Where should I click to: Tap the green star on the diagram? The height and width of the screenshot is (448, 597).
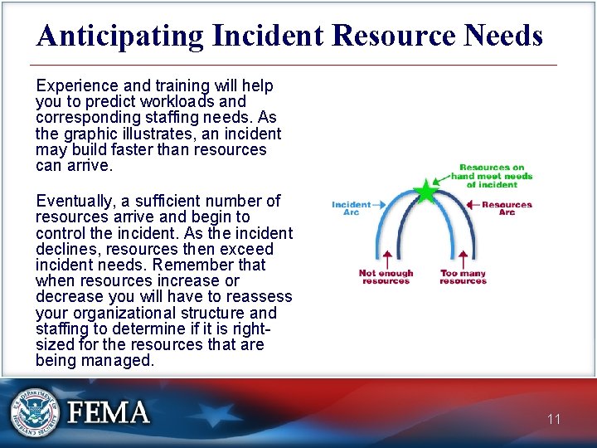coord(425,192)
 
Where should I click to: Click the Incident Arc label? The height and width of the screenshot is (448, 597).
coord(350,208)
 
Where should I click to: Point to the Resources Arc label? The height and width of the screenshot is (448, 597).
coord(507,208)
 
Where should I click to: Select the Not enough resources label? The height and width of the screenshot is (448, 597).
coord(386,277)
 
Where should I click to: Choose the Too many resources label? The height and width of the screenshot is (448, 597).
coord(463,277)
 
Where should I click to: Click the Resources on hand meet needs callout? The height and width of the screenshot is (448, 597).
coord(492,176)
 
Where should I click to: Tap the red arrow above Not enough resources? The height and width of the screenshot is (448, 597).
coord(386,257)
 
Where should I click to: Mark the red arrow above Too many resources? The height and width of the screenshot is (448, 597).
coord(463,257)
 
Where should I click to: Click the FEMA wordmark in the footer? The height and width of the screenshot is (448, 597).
coord(109,412)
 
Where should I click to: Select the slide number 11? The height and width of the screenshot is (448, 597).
coord(554,419)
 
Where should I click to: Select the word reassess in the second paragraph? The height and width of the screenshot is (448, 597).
coord(258,297)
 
